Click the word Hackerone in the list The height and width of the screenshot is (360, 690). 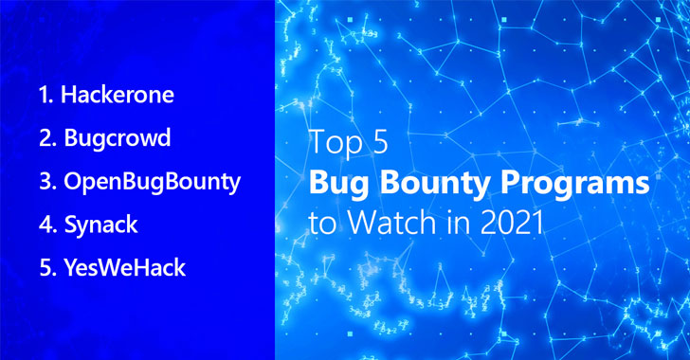pos(118,95)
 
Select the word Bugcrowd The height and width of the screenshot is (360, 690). pos(118,137)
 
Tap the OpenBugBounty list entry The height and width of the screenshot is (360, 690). pos(153,182)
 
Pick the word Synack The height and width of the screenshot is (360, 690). pos(101,225)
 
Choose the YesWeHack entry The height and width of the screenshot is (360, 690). pos(125,267)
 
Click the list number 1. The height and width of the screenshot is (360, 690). pos(45,95)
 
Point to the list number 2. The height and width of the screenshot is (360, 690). pos(47,137)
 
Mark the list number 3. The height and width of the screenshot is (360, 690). pos(47,181)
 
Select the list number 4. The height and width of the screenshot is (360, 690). pos(47,225)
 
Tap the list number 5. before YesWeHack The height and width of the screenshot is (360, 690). pos(47,267)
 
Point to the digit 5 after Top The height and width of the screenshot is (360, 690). pos(378,142)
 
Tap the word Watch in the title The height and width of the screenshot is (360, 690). pos(393,223)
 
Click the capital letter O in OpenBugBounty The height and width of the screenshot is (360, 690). pos(74,181)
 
